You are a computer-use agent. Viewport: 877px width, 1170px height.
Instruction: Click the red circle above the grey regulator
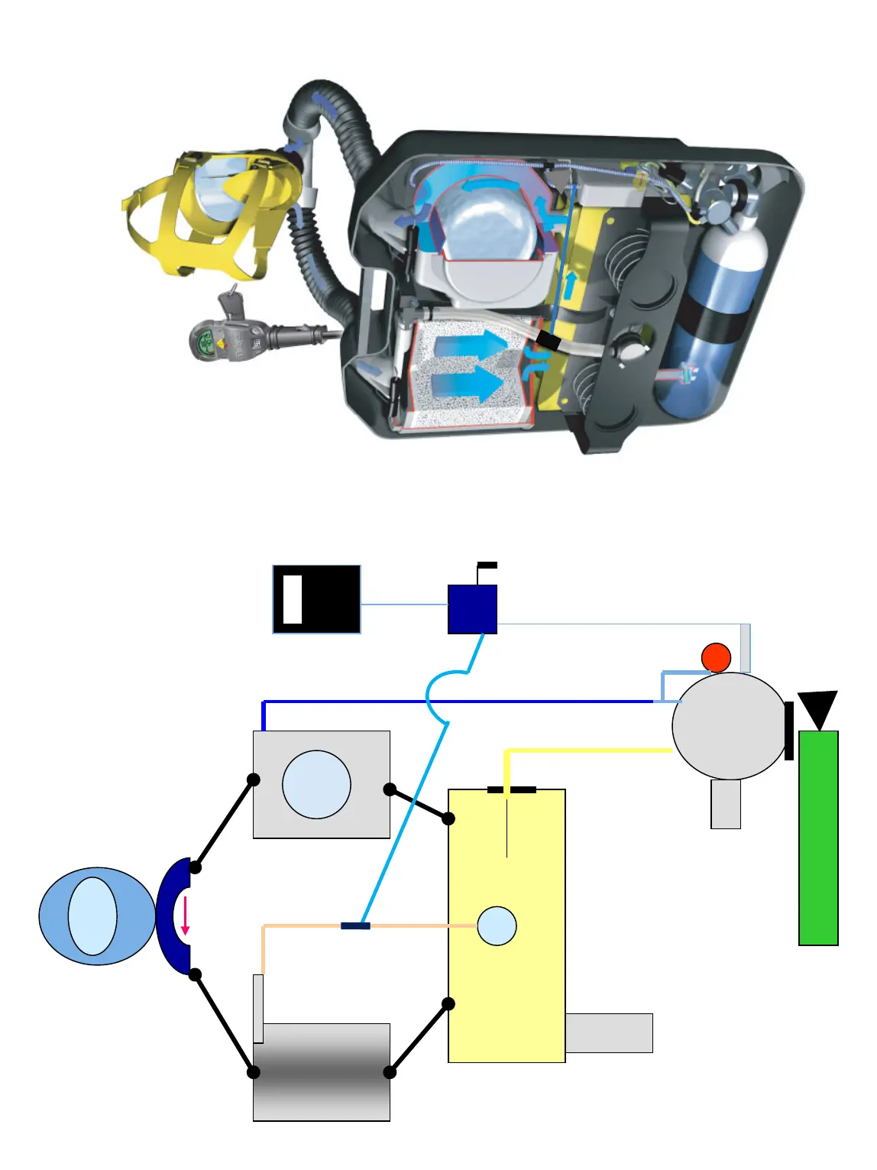click(716, 657)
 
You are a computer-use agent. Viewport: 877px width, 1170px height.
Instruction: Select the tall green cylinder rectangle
click(818, 838)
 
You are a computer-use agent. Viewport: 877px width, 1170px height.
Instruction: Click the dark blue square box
click(472, 609)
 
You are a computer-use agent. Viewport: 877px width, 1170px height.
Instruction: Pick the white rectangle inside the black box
click(292, 599)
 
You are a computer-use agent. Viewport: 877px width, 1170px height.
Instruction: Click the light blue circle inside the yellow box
click(497, 925)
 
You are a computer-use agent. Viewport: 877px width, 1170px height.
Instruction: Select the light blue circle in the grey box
click(316, 784)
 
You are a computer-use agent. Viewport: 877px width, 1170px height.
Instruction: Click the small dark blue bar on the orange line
click(355, 925)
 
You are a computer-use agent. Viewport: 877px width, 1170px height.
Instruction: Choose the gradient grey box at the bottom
click(322, 1072)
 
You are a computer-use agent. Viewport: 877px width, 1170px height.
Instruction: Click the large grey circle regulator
click(729, 726)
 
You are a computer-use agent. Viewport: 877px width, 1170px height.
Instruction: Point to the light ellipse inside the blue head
click(92, 916)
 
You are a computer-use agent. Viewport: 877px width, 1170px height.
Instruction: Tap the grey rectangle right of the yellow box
click(609, 1033)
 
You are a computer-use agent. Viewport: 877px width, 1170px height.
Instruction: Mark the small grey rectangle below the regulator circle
click(725, 804)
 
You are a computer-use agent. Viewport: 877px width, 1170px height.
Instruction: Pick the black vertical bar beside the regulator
click(789, 731)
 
